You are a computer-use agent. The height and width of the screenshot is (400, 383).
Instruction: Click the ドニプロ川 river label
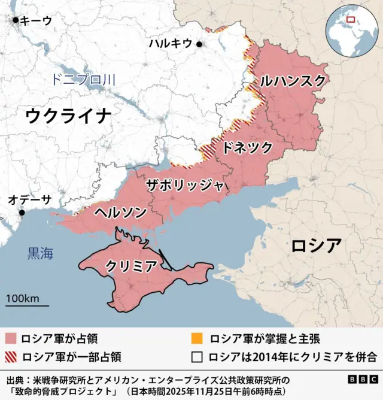83,79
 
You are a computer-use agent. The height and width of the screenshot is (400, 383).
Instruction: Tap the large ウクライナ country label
69,115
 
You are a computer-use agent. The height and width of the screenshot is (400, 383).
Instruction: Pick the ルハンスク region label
293,80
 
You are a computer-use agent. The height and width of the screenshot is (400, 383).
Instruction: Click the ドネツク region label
247,148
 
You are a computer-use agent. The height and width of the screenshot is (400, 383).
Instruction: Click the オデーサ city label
30,200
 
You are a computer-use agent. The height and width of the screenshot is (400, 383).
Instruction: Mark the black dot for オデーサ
22,213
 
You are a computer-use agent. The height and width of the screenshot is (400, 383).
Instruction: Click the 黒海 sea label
40,253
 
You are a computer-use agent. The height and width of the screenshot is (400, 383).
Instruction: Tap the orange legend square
196,339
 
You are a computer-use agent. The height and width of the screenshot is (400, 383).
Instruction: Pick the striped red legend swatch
10,357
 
